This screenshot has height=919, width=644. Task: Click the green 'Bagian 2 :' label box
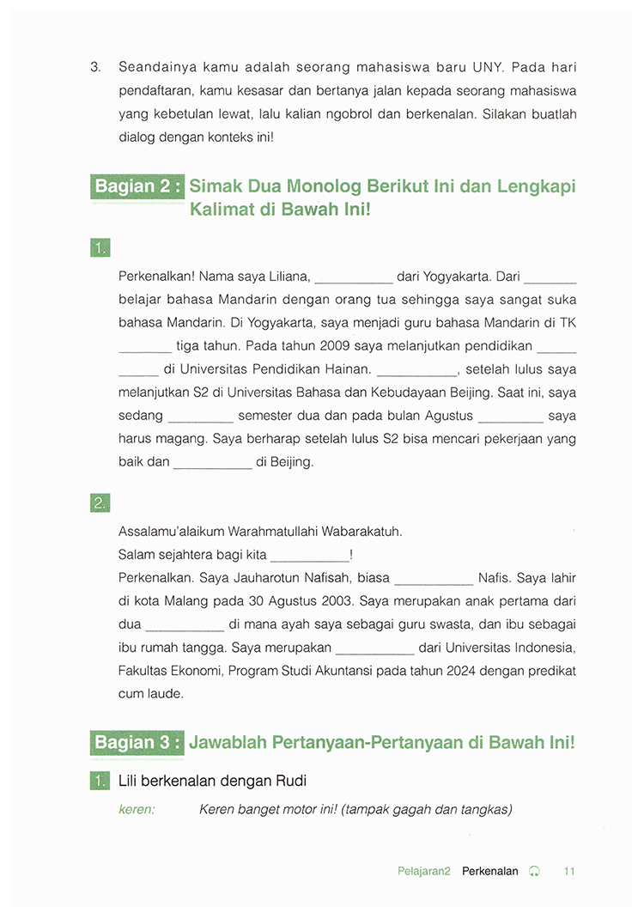click(x=137, y=186)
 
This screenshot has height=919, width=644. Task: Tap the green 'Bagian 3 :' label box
click(x=137, y=742)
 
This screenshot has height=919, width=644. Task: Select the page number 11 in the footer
click(x=569, y=871)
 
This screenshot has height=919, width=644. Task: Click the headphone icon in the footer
click(x=535, y=871)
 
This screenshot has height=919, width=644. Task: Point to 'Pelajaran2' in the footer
click(x=424, y=871)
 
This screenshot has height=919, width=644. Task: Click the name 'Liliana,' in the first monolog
click(x=288, y=277)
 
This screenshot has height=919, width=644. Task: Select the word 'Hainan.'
click(x=348, y=369)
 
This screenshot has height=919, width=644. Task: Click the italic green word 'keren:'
click(x=137, y=809)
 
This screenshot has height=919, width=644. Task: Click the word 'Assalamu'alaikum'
click(x=171, y=532)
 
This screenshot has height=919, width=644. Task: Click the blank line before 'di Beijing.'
click(x=212, y=463)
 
